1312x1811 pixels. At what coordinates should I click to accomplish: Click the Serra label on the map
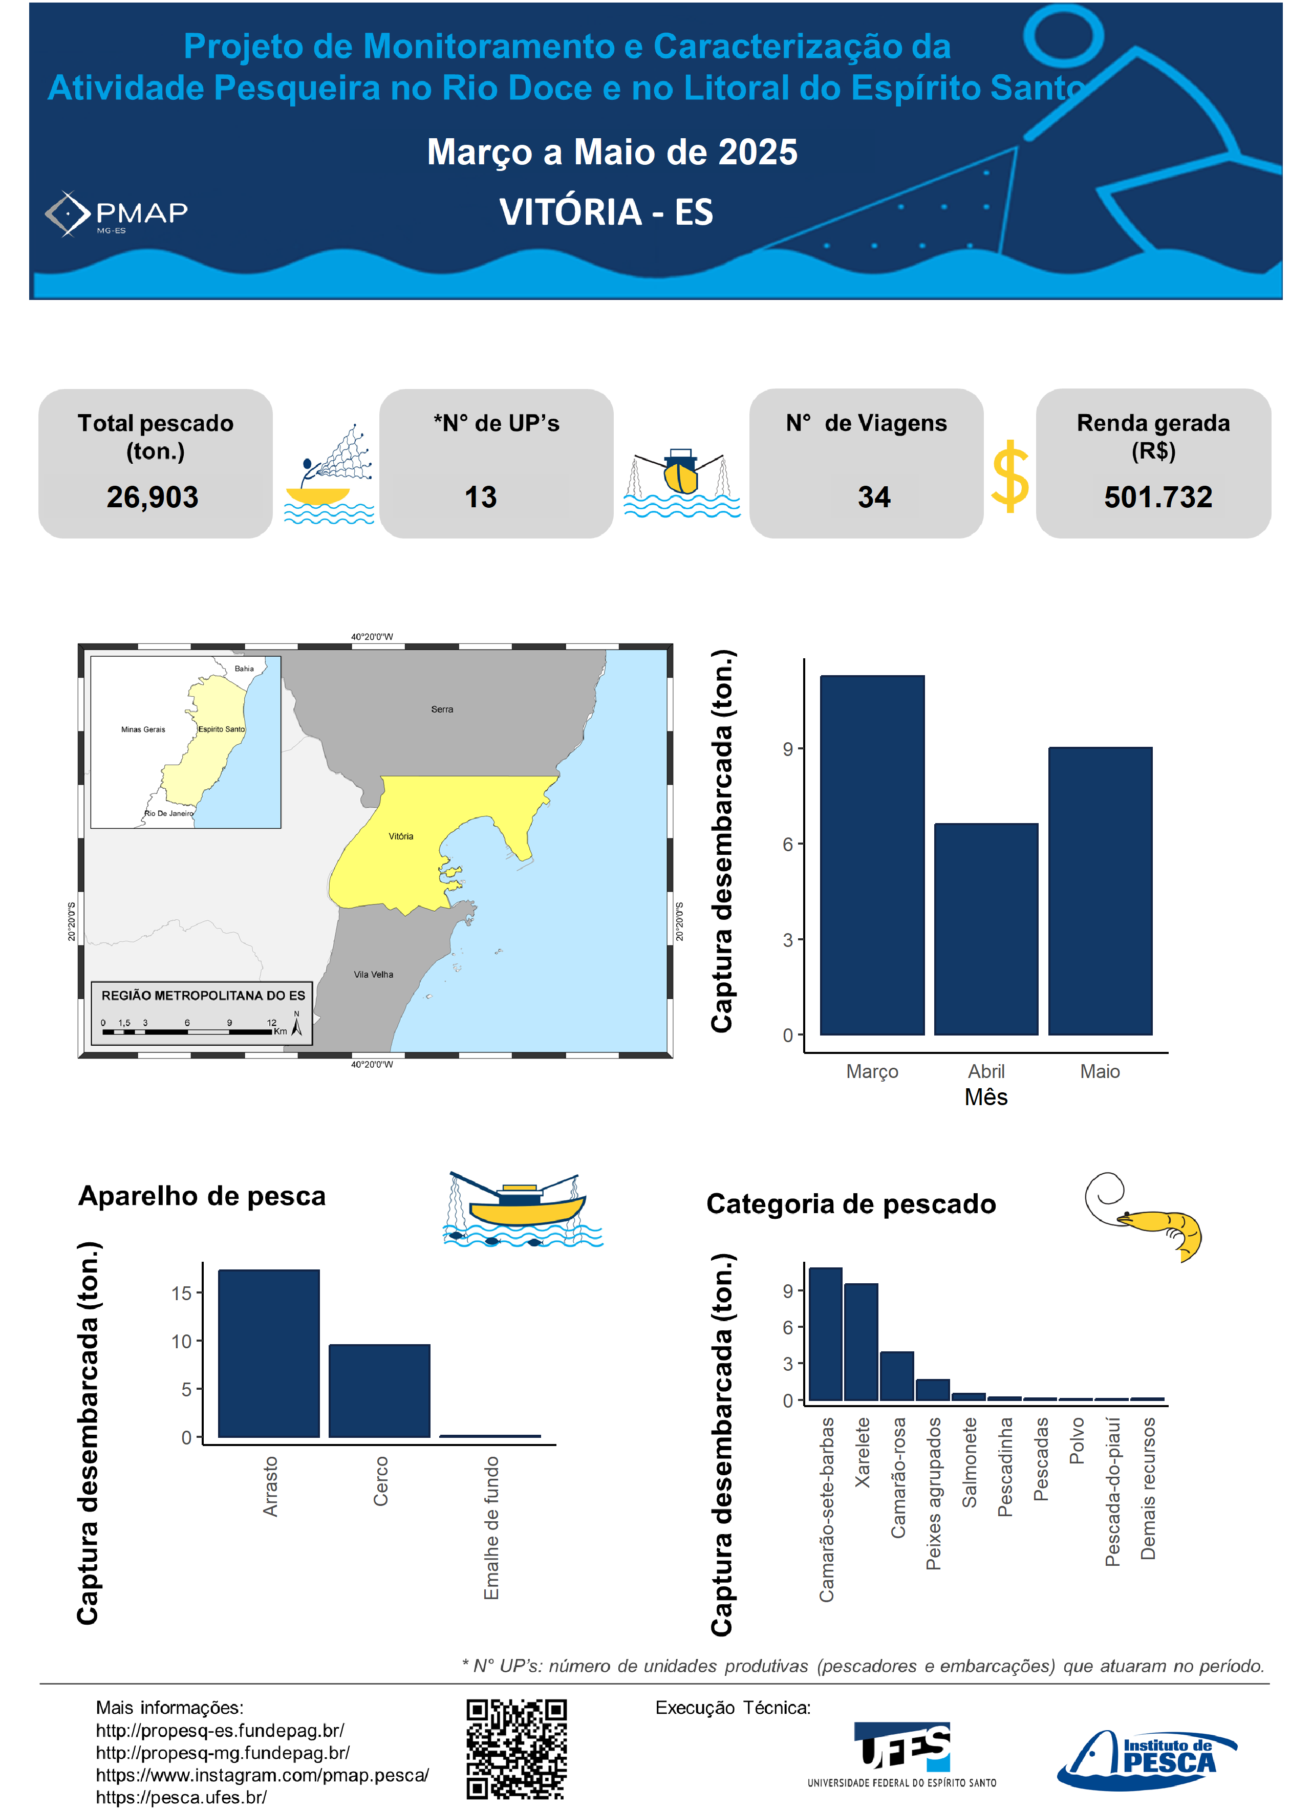442,709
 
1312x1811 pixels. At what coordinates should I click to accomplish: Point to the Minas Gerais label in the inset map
143,729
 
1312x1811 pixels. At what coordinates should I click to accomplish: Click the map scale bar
188,1031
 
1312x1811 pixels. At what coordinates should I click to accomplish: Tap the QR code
517,1750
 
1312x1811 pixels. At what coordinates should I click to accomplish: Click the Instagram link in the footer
262,1775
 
